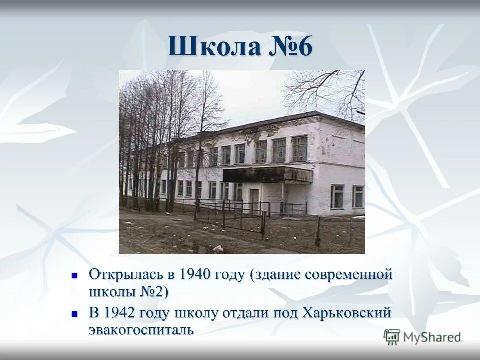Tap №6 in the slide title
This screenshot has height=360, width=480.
(x=292, y=47)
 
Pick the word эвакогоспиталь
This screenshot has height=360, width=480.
(x=141, y=330)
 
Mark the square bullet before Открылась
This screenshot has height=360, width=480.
(x=75, y=275)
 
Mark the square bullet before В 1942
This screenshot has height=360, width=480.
(x=75, y=313)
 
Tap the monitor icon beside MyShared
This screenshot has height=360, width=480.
(x=392, y=336)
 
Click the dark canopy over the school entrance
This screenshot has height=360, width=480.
(x=267, y=174)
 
